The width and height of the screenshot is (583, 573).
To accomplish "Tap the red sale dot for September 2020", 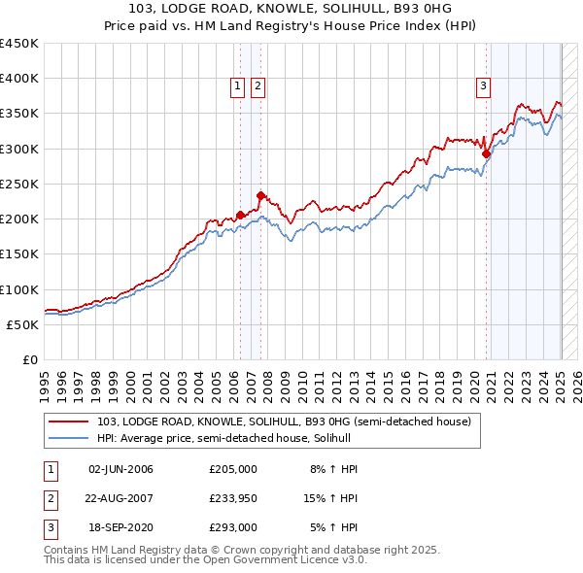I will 486,152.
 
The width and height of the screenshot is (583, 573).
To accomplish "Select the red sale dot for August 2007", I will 260,194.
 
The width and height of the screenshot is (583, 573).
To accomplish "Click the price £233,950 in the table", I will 233,499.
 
